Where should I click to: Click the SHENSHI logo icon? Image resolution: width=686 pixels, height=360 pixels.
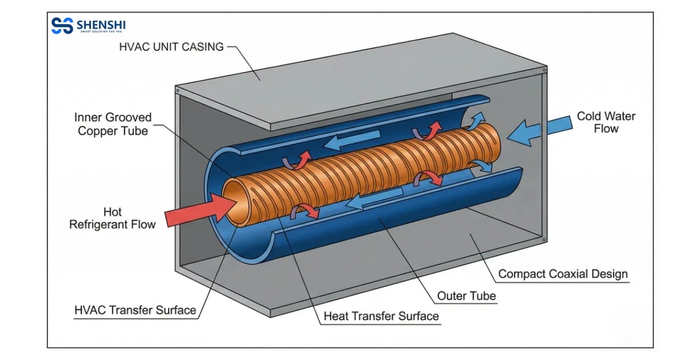coord(61,26)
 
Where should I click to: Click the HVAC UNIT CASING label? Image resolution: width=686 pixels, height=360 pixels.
coord(171,47)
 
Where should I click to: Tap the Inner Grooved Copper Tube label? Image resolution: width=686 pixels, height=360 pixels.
coord(113,124)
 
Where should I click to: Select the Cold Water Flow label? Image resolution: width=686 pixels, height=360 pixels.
coord(606,122)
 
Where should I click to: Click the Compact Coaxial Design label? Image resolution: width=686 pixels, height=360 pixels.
coord(563,274)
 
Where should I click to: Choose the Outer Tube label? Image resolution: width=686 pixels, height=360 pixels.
coord(466,296)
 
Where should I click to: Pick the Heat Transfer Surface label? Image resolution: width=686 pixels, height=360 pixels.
coord(381,316)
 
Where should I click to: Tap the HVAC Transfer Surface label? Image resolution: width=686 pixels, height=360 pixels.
coord(135,310)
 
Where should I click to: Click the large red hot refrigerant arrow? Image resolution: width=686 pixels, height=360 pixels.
coord(194,210)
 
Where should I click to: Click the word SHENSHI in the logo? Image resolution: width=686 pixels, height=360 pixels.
coord(101,25)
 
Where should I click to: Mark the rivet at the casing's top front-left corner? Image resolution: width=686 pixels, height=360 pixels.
coord(178,90)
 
